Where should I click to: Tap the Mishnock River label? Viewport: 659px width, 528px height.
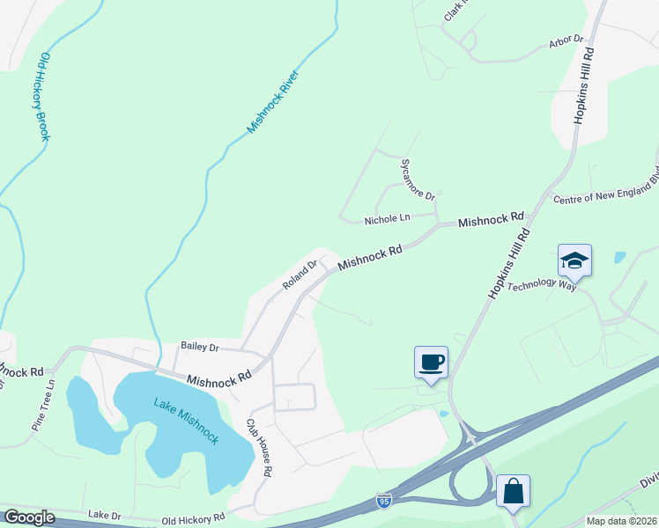click(x=274, y=101)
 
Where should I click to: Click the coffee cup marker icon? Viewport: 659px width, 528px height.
click(x=431, y=362)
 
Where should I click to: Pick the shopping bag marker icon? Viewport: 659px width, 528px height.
click(x=513, y=490)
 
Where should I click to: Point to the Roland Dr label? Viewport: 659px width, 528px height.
click(x=300, y=274)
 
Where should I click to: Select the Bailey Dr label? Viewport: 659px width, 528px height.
click(x=199, y=347)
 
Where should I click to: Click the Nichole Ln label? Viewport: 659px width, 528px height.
click(x=388, y=217)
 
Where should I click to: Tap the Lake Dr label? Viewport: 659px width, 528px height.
click(x=102, y=513)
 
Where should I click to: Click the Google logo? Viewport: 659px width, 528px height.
click(x=29, y=517)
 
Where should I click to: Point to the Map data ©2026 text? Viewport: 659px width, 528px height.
click(x=621, y=521)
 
